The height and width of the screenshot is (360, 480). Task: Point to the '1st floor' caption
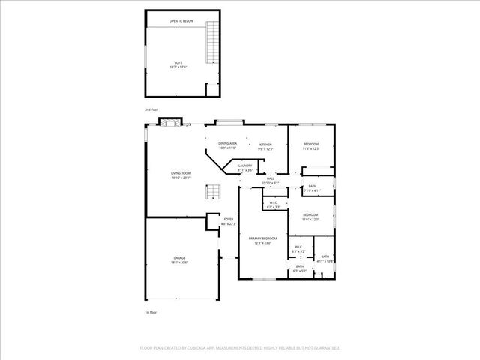click(150, 312)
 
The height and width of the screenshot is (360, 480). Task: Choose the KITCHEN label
click(265, 144)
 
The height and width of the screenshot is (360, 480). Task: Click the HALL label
click(270, 178)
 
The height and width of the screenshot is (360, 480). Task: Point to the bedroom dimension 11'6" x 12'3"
click(311, 148)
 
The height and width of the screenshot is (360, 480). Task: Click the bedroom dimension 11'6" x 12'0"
click(311, 219)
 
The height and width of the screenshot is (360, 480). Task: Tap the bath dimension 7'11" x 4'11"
click(312, 190)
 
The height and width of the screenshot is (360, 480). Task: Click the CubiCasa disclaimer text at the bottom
click(240, 348)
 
